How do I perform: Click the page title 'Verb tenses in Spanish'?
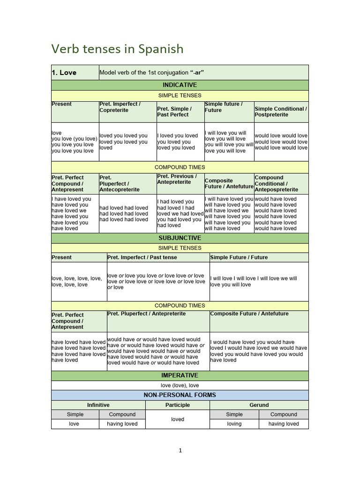click(117, 49)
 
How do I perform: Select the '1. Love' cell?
click(64, 73)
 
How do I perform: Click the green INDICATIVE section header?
click(180, 85)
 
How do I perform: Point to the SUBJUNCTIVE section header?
click(180, 238)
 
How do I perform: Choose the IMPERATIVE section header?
click(180, 375)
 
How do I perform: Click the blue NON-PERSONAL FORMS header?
click(180, 395)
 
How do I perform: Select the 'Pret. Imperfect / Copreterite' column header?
click(120, 107)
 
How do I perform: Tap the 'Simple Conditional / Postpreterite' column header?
click(281, 112)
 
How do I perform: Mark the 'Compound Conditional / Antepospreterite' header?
click(277, 184)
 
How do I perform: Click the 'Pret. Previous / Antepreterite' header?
click(177, 179)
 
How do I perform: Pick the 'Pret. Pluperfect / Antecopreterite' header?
click(120, 184)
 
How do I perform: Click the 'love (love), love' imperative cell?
click(180, 385)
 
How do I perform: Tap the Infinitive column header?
click(98, 405)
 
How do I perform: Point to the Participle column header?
click(178, 405)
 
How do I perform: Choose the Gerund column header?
click(259, 405)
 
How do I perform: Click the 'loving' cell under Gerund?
click(234, 424)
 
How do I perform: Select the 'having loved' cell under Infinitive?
click(122, 424)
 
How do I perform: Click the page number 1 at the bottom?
click(180, 450)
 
